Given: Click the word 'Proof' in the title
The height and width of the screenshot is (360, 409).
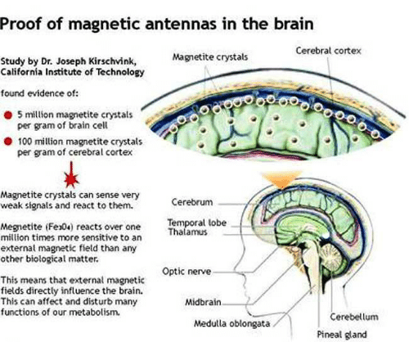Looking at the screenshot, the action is pos(20,25).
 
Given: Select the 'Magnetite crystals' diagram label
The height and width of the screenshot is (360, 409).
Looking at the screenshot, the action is pos(210,57).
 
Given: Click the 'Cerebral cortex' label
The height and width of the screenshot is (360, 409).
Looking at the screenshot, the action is pos(328,51).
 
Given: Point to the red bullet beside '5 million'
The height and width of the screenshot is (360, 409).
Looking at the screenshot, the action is pos(8,115).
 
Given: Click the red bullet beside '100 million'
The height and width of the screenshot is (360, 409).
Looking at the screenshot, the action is pos(8,142).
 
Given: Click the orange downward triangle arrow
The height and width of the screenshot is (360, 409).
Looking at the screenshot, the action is pos(282,180).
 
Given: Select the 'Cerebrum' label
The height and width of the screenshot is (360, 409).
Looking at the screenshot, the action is pos(192,202).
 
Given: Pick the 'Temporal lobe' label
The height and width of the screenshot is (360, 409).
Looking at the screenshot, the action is pos(197,223).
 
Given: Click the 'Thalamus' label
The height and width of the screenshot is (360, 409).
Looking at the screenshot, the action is pos(187,232).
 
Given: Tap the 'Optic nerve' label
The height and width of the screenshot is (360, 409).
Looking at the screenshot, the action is pos(187,272).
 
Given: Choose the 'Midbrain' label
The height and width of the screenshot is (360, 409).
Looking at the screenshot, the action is pos(203,302).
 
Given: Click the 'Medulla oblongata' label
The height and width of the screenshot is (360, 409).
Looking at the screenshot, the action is pos(231,324).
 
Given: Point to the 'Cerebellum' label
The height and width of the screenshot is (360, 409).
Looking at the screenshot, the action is pos(354,317).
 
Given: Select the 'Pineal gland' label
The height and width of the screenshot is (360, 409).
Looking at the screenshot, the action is pos(342,335).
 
